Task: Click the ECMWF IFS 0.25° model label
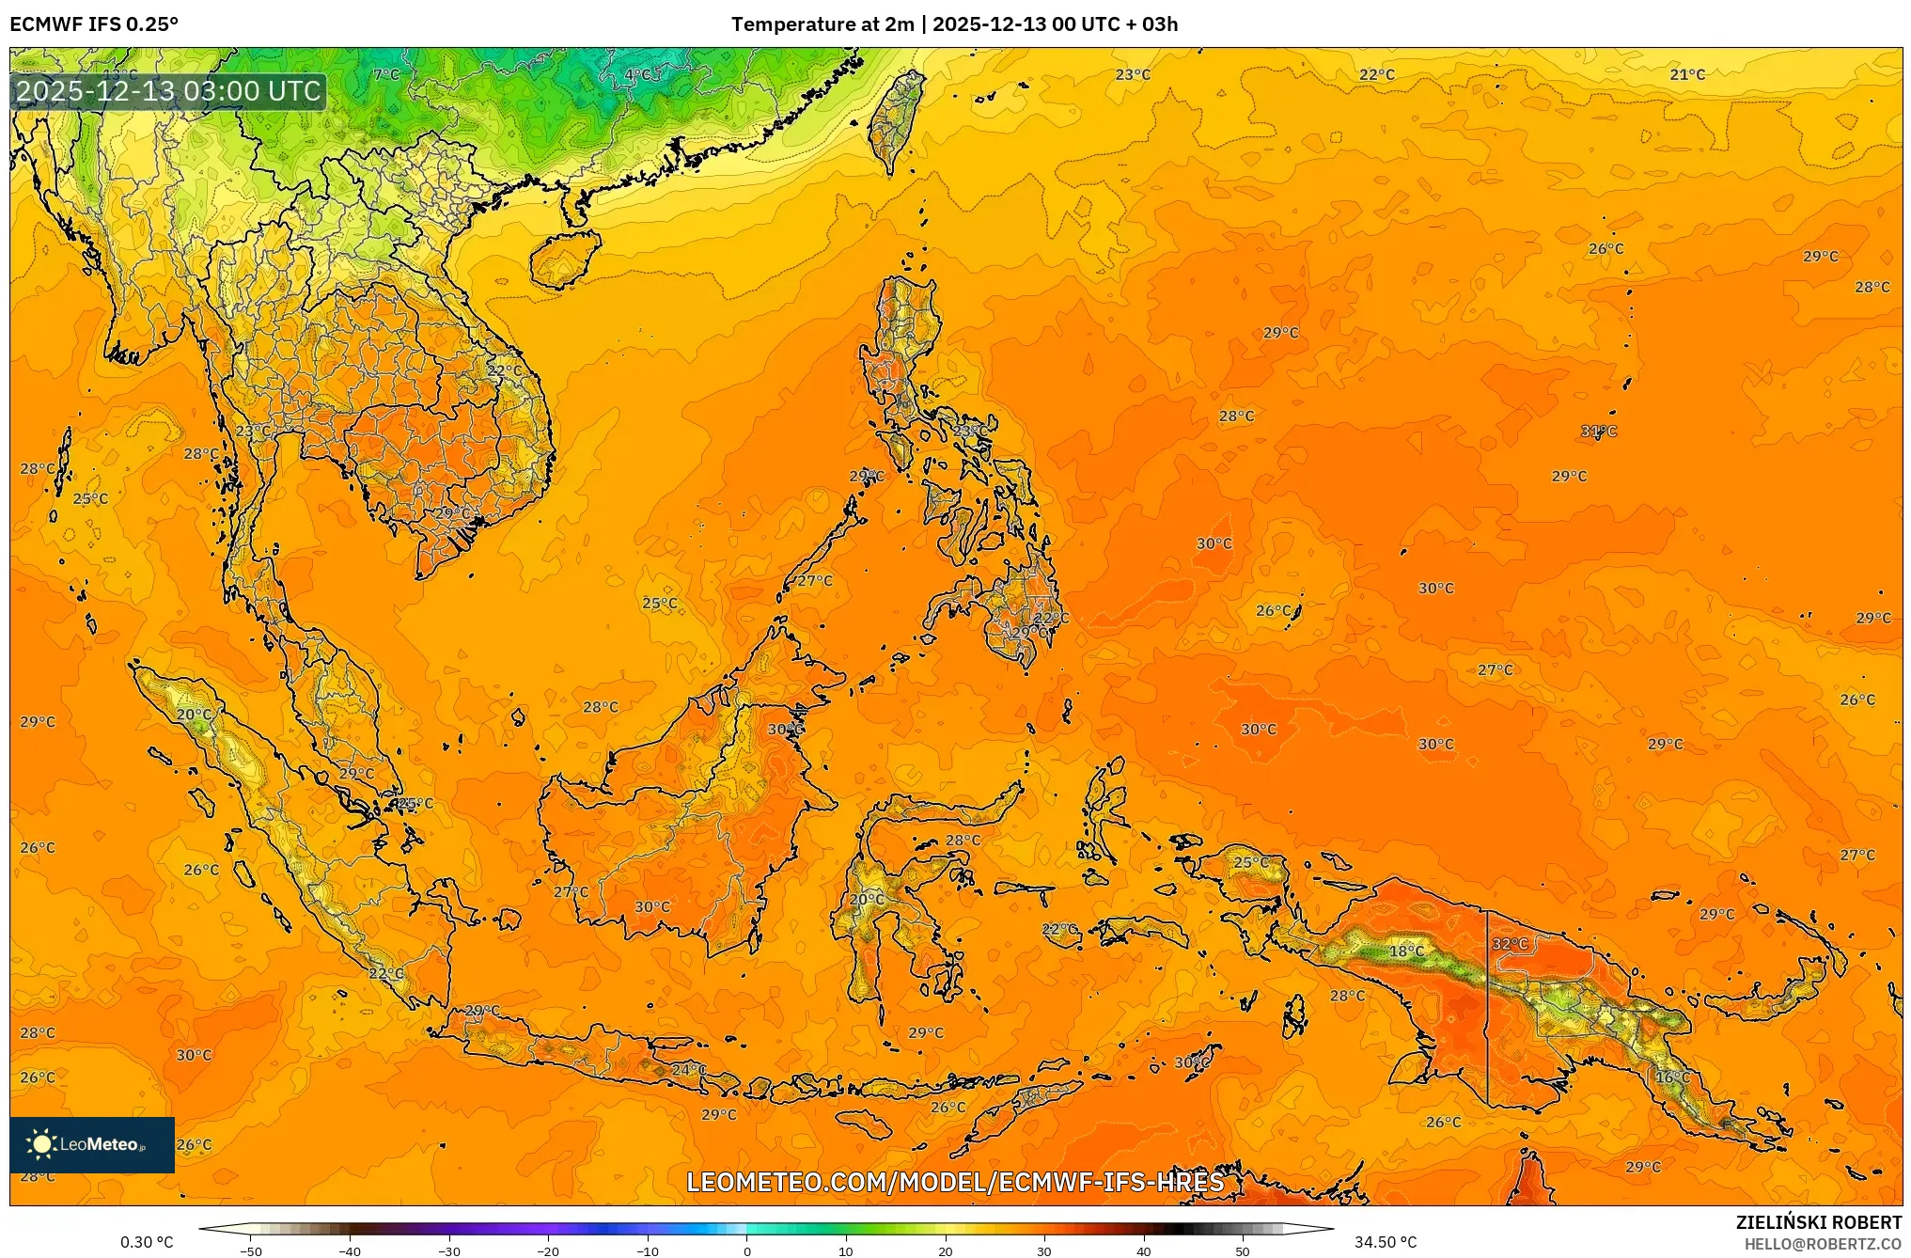(94, 24)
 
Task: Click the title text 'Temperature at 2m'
(822, 24)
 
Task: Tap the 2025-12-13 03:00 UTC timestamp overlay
(169, 91)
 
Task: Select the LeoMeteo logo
(91, 1144)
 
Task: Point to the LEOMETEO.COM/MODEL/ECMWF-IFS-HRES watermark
(955, 1182)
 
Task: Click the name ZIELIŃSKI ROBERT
(1818, 1222)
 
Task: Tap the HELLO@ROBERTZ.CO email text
(1823, 1244)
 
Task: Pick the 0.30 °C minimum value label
(147, 1242)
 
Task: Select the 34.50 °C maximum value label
(1385, 1242)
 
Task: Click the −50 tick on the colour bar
(251, 1251)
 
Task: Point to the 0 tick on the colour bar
(747, 1251)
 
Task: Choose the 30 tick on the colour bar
(1044, 1251)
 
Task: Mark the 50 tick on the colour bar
(1243, 1251)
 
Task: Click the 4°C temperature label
(637, 74)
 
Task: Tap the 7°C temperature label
(386, 74)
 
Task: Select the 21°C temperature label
(1687, 74)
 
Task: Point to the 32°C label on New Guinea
(1511, 943)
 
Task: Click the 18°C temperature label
(1406, 951)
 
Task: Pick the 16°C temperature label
(1672, 1077)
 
